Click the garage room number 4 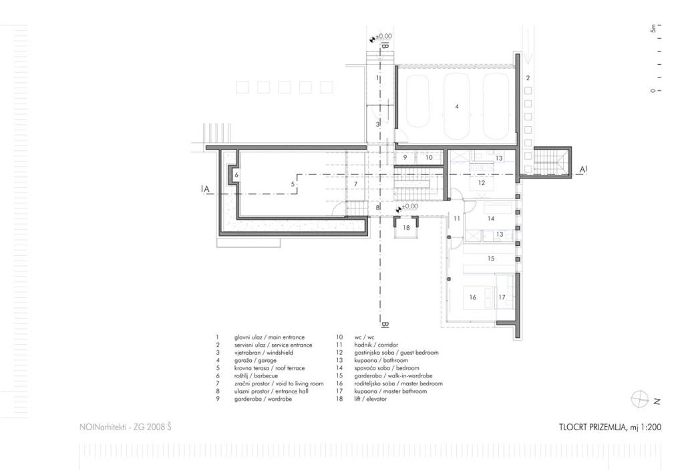457,106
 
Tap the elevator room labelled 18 406,228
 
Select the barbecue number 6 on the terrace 236,175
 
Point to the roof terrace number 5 293,184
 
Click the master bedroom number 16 472,297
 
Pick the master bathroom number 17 502,297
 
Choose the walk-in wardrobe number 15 491,259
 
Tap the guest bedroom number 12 481,183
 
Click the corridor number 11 457,218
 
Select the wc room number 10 429,158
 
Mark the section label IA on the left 206,189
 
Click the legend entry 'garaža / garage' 255,360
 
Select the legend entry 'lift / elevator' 370,399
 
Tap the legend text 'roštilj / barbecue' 256,376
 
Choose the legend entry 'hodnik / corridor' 376,345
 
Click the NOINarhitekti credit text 125,428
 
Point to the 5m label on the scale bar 653,27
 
